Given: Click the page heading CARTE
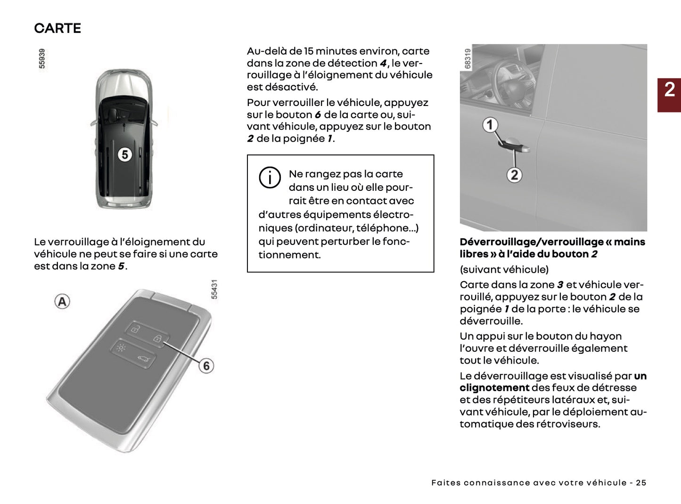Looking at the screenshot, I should tap(57, 28).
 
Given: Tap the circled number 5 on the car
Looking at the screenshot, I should tap(124, 154).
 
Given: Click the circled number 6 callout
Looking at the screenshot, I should tap(206, 366).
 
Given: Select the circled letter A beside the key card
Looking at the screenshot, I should tap(62, 301).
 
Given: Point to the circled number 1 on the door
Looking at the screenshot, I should tap(490, 125).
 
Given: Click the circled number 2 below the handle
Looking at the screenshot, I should tap(514, 175).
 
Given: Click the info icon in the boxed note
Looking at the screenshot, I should tap(270, 178).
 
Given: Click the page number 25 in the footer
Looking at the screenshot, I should tap(641, 483).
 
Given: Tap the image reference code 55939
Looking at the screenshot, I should tap(42, 58).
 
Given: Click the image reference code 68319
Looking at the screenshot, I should tap(468, 58).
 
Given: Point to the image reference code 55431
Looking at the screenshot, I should tap(214, 289).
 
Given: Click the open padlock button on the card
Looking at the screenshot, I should tap(135, 329).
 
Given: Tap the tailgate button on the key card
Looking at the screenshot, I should tap(143, 360).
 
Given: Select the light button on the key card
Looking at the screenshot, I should tap(121, 349).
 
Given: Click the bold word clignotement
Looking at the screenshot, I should tap(494, 388).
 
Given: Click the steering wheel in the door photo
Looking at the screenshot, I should tap(514, 85).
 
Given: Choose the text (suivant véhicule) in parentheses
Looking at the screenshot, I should tap(504, 269).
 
